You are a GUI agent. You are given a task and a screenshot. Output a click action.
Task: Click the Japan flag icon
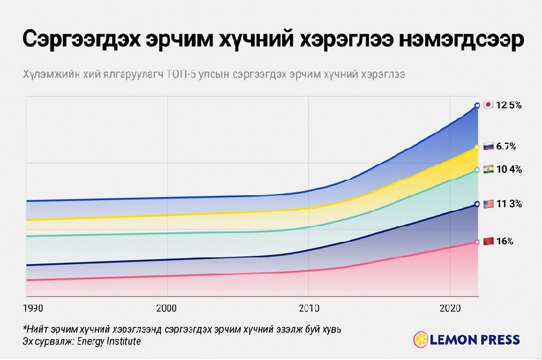tap(488, 105)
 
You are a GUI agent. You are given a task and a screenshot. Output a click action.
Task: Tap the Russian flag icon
tap(488, 146)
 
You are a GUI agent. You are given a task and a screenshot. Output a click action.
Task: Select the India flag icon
tap(488, 169)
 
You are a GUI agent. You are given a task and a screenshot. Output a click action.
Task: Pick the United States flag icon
tap(488, 203)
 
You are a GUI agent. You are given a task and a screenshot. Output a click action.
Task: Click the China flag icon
tap(488, 241)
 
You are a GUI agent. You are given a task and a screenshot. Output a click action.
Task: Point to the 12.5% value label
tap(510, 105)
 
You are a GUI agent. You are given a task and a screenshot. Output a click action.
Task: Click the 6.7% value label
tap(506, 146)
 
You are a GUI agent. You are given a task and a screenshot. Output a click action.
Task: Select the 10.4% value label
tap(509, 169)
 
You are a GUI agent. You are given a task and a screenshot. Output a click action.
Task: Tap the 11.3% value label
tap(509, 203)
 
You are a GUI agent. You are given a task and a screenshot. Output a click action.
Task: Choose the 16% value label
tap(505, 241)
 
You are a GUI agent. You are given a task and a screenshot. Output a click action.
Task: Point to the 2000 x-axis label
tap(167, 308)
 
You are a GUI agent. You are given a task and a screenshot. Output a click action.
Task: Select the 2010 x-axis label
tap(308, 308)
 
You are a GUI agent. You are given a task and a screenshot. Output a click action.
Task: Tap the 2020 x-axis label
tap(450, 308)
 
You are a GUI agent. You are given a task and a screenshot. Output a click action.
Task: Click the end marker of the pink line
tap(477, 242)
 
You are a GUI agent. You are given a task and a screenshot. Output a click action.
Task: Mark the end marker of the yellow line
tap(477, 147)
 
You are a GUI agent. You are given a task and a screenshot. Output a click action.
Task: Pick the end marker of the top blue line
tap(477, 105)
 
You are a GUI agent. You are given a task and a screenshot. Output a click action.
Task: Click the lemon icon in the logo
tap(420, 338)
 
